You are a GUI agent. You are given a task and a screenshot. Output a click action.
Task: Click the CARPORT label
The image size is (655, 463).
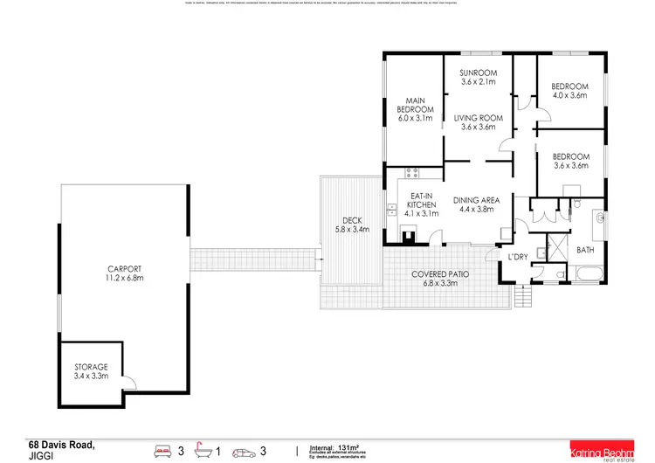click(124, 269)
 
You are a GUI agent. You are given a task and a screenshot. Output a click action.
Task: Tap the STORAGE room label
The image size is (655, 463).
click(91, 367)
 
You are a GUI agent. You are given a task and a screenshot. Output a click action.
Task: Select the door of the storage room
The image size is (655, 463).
click(128, 381)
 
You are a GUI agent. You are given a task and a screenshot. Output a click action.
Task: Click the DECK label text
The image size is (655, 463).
click(352, 220)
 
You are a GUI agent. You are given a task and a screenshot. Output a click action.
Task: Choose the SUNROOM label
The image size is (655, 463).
click(479, 73)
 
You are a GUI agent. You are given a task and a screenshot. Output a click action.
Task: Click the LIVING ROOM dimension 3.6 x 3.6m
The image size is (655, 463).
click(479, 128)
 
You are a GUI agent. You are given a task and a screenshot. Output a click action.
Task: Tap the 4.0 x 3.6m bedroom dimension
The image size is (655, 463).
click(569, 95)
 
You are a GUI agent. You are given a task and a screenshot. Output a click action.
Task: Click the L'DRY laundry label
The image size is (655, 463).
click(517, 257)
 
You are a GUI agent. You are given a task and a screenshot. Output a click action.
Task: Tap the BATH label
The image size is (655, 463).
click(584, 250)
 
